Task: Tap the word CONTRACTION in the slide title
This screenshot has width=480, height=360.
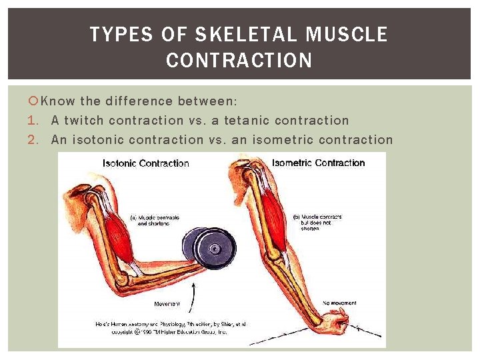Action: point(239,61)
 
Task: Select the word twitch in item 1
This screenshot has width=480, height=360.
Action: point(85,121)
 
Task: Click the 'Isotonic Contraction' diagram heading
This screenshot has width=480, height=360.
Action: point(145,163)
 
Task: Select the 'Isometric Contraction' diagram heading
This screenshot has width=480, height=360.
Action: point(318,163)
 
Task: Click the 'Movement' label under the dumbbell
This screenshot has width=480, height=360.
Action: point(167,304)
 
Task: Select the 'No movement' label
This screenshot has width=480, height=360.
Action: point(340,303)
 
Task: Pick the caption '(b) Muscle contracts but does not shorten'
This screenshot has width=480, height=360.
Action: point(317,222)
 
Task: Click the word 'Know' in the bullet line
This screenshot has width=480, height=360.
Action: point(58,101)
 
